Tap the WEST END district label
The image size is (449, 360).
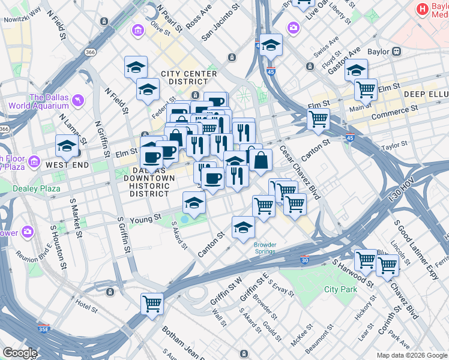click(67, 164)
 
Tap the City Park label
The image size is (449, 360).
click(340, 289)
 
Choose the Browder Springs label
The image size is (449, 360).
click(265, 248)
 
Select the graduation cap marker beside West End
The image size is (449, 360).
click(67, 146)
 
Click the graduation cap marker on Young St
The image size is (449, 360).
click(194, 204)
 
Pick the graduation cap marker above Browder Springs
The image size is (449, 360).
click(243, 228)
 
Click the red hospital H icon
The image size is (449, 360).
click(423, 8)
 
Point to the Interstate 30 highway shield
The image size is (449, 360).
click(305, 260)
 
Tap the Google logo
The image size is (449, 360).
click(20, 353)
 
